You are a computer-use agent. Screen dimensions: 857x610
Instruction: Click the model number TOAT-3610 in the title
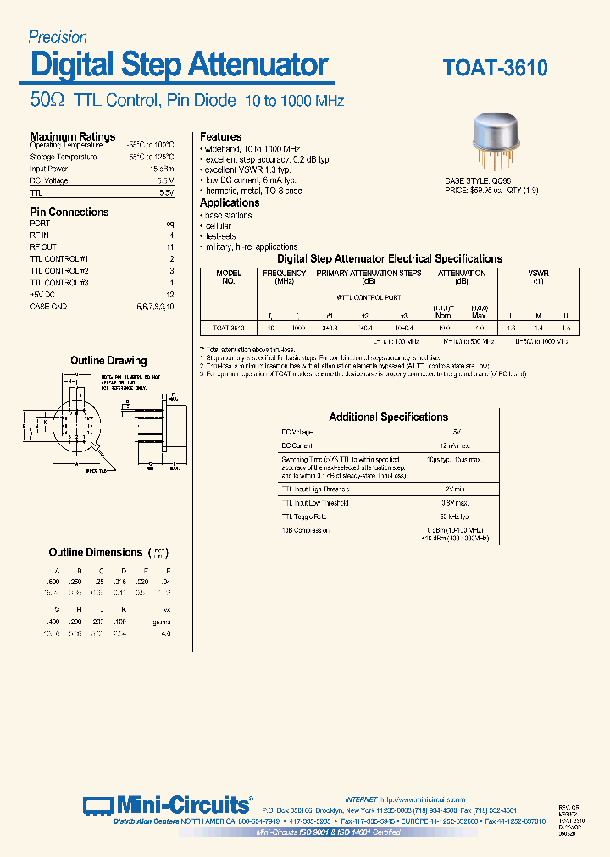coord(495,68)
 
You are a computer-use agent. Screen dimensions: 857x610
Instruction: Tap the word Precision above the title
coord(58,37)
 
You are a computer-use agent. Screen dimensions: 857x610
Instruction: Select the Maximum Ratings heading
coord(73,136)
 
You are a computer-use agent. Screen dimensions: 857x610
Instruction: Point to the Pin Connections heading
coord(69,212)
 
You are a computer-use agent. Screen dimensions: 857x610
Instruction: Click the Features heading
coord(221,136)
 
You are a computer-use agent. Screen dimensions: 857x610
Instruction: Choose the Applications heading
coord(230,203)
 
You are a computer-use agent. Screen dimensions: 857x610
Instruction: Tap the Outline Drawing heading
coord(108,361)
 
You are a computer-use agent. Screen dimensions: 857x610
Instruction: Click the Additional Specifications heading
coord(388,417)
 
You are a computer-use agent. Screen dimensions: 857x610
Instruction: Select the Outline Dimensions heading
coord(96,552)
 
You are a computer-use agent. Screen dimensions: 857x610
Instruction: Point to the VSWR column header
coord(538,274)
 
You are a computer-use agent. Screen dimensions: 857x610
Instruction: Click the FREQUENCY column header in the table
coord(285,274)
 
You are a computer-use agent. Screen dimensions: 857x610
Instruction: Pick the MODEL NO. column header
coord(228,277)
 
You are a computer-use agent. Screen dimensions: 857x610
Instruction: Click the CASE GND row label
coord(48,306)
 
